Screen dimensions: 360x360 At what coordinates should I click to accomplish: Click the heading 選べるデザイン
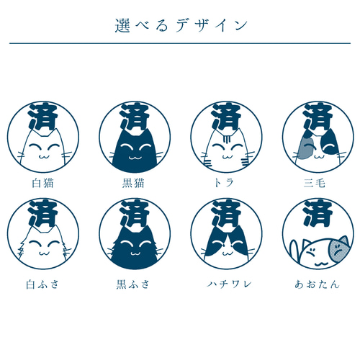point(180,24)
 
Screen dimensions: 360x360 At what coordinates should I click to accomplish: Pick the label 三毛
point(315,183)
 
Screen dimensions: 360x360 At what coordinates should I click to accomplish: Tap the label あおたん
point(315,284)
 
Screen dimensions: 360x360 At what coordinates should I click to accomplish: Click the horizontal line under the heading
point(180,43)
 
